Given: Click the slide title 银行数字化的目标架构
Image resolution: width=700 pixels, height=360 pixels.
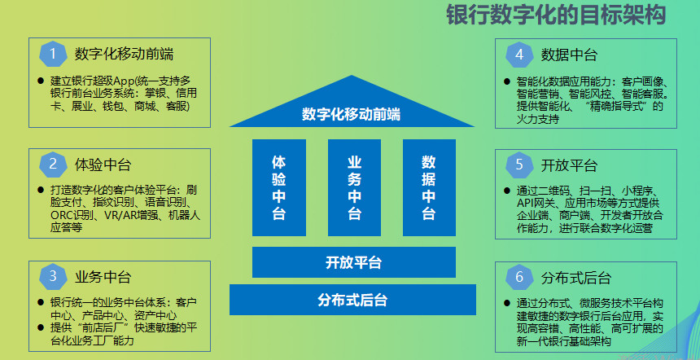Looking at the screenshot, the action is coord(556,15).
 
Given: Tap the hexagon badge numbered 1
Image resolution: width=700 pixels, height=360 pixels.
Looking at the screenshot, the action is coord(53,54).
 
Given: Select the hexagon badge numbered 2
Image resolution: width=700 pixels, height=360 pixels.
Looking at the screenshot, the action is coord(53,165).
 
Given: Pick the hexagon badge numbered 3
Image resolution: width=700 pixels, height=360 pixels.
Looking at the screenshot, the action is coord(53,276).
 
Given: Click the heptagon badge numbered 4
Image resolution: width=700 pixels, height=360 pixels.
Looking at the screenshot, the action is coord(519,55).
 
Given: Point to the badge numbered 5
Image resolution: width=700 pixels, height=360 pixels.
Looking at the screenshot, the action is coord(519,165).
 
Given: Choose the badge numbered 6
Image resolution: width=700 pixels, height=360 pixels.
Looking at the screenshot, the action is coord(519,278).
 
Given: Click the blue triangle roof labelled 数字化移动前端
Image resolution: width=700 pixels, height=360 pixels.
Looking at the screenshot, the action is coord(352,108).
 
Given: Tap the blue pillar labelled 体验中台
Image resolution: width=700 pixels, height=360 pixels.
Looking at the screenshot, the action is coord(279,187).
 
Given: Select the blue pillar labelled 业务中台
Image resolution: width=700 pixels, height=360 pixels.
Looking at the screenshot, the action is coord(354,187).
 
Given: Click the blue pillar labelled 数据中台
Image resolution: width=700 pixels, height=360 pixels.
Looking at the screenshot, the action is coord(429,187).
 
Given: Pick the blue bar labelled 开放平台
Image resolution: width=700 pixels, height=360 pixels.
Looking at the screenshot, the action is coord(354,262).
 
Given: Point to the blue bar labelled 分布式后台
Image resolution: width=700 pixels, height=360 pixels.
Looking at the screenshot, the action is coord(352,300).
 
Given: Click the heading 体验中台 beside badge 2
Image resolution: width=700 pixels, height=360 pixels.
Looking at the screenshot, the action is coord(103,165).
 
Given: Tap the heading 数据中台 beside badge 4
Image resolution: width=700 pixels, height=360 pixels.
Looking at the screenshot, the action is coord(569,55).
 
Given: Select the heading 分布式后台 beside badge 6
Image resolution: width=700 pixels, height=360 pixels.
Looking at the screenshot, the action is coord(576,278).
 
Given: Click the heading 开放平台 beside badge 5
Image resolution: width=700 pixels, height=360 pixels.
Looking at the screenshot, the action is coord(569,165).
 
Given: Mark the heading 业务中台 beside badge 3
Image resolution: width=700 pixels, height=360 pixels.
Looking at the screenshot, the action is coord(103,277).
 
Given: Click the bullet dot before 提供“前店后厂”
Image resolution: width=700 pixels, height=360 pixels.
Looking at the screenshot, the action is coord(41,327).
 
